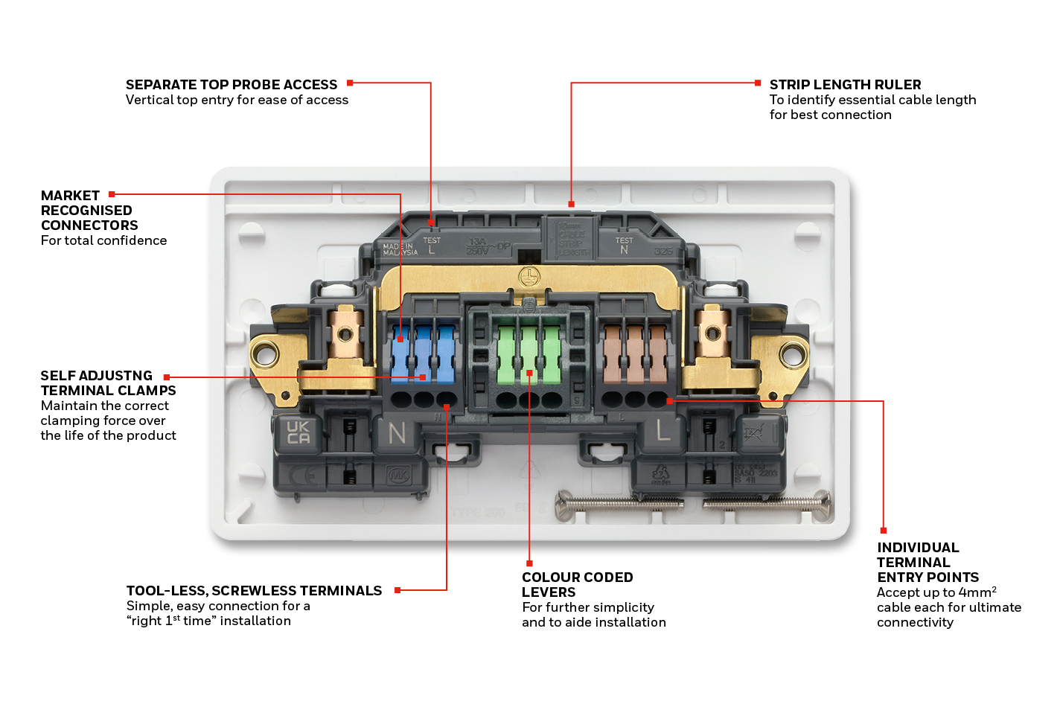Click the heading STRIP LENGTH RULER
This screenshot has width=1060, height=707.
[845, 85]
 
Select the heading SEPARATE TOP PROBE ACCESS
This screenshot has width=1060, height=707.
[231, 85]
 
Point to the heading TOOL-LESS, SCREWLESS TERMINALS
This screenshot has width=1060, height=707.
[254, 591]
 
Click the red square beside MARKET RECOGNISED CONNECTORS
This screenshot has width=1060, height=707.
[112, 194]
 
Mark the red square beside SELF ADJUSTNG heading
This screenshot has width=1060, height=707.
[167, 377]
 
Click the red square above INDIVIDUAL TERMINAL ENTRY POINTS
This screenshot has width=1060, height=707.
[884, 531]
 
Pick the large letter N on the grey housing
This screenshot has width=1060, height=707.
[397, 432]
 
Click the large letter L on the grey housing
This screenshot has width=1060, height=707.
[662, 429]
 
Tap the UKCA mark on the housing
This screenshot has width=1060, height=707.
[298, 432]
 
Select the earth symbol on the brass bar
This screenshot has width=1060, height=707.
[529, 277]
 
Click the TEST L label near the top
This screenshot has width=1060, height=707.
[432, 245]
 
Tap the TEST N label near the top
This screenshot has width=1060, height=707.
[624, 245]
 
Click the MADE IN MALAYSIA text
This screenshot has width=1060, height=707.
[400, 249]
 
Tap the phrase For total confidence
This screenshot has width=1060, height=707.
[103, 240]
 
